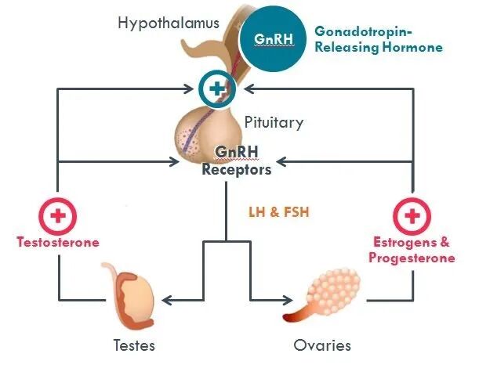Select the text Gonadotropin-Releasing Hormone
point(379,39)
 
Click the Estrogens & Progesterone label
point(412,250)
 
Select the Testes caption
point(133,345)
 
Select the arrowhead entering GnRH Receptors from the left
point(176,164)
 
